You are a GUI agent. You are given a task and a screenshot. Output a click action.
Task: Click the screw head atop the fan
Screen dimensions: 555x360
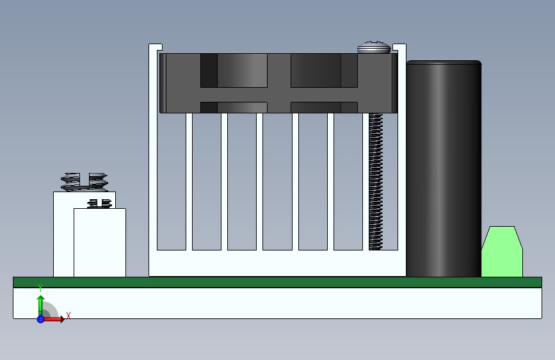coord(373,47)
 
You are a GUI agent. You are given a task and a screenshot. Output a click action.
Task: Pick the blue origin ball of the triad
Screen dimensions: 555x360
coord(40,318)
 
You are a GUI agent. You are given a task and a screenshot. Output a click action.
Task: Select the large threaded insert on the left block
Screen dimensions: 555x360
coord(84,181)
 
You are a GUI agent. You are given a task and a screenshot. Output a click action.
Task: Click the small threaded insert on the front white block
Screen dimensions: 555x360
coord(99,204)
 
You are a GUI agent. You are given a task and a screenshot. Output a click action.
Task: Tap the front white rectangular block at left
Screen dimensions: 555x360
coord(99,243)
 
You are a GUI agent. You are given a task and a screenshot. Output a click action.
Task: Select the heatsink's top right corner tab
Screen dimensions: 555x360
coord(399,48)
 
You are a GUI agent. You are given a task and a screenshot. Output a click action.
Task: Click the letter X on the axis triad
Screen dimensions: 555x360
coord(68,315)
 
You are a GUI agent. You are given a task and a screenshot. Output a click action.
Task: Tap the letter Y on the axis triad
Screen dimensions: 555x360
coord(40,287)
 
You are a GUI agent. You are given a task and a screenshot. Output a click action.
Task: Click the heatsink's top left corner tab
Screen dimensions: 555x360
coord(155,48)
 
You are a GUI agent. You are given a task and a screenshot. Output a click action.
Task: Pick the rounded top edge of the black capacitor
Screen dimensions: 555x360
coord(443,63)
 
